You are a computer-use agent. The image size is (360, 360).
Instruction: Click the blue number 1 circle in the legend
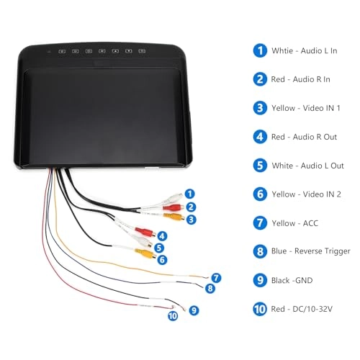coord(260,50)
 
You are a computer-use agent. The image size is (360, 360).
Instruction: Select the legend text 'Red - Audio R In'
coord(300,79)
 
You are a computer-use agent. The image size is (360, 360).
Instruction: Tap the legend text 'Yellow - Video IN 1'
coord(306,108)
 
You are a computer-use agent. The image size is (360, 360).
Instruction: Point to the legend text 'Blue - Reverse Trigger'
coord(310,251)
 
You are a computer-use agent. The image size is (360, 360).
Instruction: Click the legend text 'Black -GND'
coord(292,280)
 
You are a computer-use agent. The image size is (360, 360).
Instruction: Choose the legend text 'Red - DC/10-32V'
coord(302,309)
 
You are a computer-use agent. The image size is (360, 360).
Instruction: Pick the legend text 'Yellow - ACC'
coord(294,223)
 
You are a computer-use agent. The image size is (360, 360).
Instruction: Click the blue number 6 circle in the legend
coord(260,194)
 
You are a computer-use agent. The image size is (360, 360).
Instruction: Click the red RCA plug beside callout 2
coord(174,207)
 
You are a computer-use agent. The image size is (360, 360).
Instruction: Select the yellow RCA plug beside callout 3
coord(174,217)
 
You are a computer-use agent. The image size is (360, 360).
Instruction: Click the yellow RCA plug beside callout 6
coord(145,253)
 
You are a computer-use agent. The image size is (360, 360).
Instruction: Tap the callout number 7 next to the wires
coord(216,278)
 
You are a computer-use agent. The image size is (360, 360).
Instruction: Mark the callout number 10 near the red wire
coord(173,316)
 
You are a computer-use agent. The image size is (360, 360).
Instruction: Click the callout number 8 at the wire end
coord(210,288)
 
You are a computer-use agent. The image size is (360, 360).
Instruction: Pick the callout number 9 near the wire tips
coord(194,310)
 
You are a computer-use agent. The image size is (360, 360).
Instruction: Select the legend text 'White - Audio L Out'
coord(307,166)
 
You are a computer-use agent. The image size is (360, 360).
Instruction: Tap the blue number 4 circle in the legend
coord(260,137)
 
